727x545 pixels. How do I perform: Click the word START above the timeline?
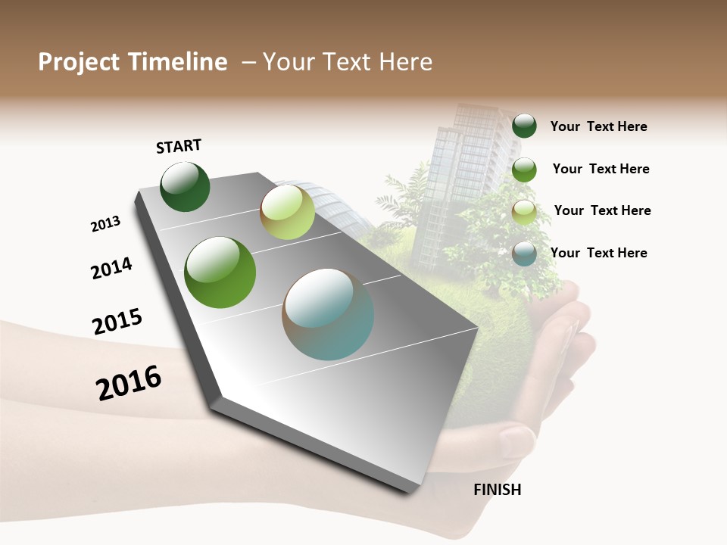[x=179, y=146]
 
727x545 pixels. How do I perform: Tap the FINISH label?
[x=498, y=490]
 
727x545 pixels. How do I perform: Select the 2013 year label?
[x=105, y=224]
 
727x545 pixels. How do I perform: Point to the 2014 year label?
[x=111, y=269]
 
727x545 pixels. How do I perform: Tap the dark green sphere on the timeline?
[x=185, y=187]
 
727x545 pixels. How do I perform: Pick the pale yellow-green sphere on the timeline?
[x=287, y=212]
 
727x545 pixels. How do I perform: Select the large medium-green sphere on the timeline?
[x=220, y=272]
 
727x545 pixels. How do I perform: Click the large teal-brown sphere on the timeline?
[x=328, y=314]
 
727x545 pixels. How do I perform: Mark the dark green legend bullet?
[x=524, y=126]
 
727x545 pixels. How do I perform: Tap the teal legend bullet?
[x=524, y=253]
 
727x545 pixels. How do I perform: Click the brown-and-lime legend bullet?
[x=524, y=212]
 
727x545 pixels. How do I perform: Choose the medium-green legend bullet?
[x=524, y=170]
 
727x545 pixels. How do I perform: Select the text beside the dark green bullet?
[x=598, y=126]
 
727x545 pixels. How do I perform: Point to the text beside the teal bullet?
[x=598, y=253]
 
